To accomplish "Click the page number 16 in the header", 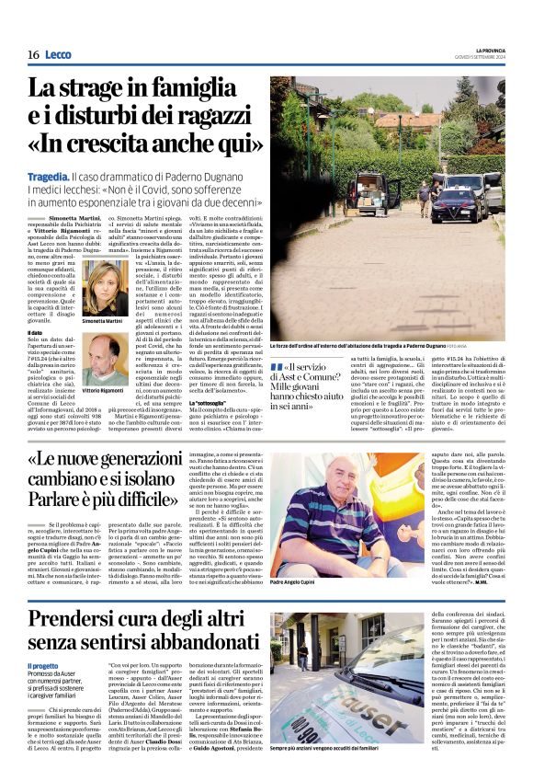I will [33, 54].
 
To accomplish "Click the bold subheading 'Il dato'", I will [37, 332].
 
